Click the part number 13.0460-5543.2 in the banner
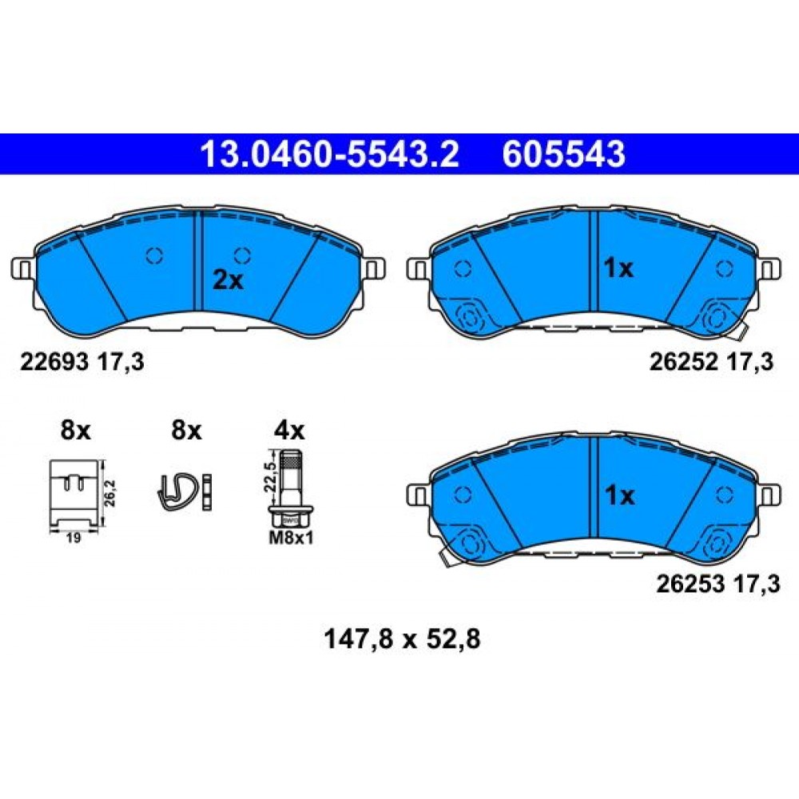pos(330,154)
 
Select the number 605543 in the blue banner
pos(563,154)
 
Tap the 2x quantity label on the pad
pos(228,280)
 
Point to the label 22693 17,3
pos(82,362)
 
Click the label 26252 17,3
pos(711,362)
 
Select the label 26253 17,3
pos(718,585)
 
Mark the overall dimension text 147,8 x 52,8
pos(402,639)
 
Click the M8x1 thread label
pos(291,538)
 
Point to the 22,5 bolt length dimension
pos(271,475)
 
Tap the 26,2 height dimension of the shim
pos(110,492)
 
